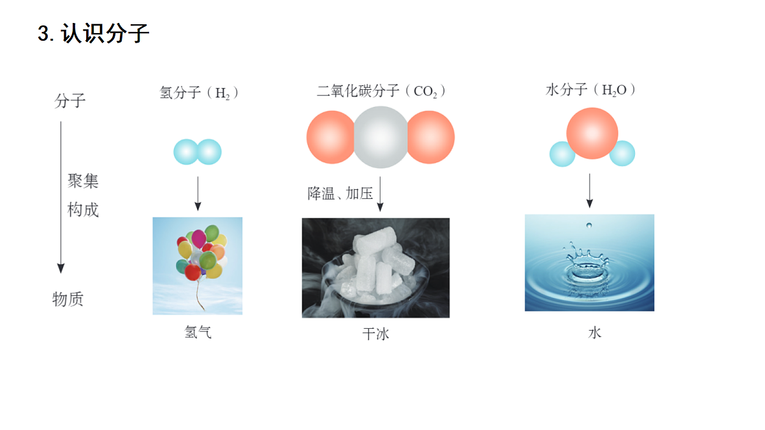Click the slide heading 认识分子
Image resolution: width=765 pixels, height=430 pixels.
[105, 33]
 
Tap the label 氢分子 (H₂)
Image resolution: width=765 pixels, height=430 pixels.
[199, 92]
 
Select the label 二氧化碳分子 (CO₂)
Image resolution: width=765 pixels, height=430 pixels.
[381, 91]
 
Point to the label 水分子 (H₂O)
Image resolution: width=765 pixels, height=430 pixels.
[590, 90]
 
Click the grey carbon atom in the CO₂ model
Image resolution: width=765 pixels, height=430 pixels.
[381, 137]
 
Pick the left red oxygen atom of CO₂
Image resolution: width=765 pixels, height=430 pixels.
[330, 137]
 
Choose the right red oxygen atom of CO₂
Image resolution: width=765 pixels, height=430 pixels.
[432, 137]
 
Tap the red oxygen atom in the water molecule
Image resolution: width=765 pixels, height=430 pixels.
[592, 133]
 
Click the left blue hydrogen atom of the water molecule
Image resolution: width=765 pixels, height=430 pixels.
[562, 154]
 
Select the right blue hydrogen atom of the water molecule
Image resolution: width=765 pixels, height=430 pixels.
[623, 154]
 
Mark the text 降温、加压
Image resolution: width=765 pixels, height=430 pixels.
[340, 194]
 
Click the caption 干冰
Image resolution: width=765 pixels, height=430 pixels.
[375, 334]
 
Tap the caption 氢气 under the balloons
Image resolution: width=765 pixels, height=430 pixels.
[198, 332]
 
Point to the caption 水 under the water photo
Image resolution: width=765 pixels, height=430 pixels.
[595, 333]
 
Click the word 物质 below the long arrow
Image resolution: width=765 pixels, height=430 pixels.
[68, 299]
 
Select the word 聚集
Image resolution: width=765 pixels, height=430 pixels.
[83, 181]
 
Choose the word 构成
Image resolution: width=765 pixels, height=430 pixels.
[83, 210]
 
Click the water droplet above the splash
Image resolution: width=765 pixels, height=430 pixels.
[589, 226]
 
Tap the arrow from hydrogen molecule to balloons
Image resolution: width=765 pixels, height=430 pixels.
[198, 194]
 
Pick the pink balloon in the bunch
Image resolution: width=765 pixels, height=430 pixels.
[198, 238]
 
